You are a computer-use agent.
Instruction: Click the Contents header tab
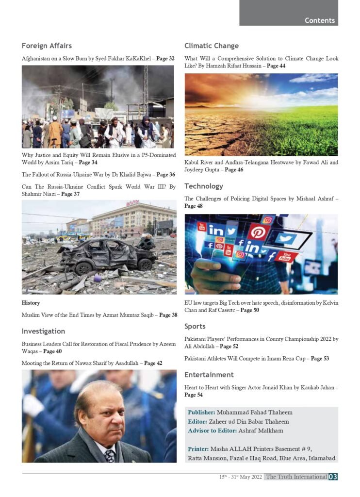click(319, 20)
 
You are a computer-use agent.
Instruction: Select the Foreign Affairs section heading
click(47, 46)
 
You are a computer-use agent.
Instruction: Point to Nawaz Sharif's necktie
click(110, 455)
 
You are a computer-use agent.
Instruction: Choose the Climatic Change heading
click(212, 46)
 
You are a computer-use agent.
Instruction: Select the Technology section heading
click(204, 186)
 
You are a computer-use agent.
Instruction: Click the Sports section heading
click(195, 326)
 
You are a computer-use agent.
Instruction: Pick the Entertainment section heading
click(209, 375)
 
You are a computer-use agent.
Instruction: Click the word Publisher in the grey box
click(201, 412)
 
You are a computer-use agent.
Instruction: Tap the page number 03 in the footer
click(333, 477)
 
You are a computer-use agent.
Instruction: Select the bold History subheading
click(31, 303)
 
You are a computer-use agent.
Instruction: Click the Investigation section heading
click(43, 331)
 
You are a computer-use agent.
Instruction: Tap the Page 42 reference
click(156, 363)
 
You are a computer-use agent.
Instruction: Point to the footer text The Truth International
click(296, 477)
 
